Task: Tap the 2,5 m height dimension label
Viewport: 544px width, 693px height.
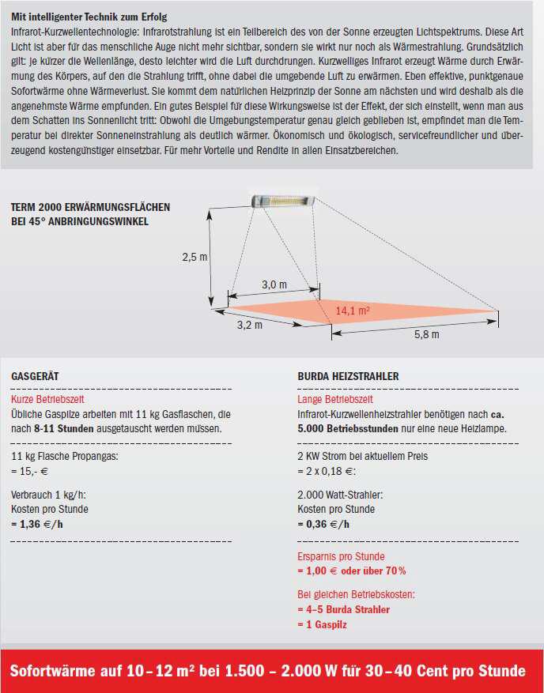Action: pos(195,257)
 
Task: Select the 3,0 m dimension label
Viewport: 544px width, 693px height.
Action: pos(274,284)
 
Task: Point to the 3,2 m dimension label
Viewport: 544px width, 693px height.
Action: pos(250,324)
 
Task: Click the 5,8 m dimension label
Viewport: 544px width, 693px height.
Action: pos(427,334)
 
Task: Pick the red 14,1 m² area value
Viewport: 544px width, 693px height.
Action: pos(353,311)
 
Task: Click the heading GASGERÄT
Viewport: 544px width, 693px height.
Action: pos(35,377)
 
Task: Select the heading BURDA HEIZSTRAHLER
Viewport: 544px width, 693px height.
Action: pos(348,377)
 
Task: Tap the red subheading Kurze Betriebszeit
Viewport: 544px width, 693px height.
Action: pos(47,401)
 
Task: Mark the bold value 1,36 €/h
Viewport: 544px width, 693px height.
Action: pos(39,523)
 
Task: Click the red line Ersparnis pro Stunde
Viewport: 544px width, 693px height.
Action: pos(341,556)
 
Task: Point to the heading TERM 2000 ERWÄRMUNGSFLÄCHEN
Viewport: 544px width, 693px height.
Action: pos(90,207)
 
